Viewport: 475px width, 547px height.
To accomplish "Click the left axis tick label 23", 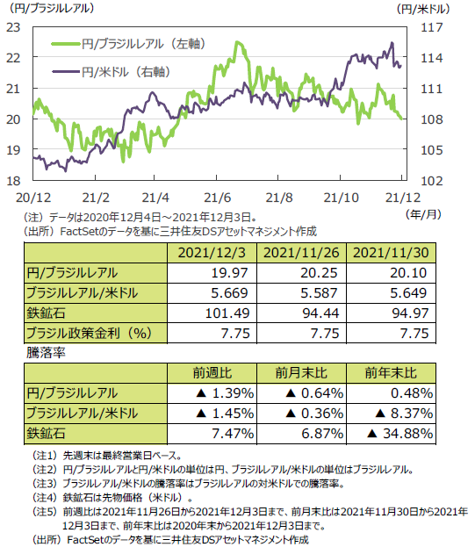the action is coord(13,27).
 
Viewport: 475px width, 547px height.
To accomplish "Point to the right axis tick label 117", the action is coord(432,27).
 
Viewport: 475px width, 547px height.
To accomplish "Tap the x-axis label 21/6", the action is coord(217,198).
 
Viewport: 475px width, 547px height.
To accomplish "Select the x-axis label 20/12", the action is coord(33,198).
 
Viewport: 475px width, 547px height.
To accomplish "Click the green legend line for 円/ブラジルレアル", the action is coord(66,44).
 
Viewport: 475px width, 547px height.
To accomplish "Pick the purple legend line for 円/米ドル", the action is coord(66,72).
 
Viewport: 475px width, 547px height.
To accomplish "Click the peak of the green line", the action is coord(238,42).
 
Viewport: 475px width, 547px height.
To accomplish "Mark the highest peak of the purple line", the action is coord(392,43).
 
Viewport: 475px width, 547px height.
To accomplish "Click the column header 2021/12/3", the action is coord(212,253).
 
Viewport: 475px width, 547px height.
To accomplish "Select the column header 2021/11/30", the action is coord(391,253).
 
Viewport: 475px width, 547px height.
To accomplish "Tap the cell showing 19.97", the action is coord(229,273).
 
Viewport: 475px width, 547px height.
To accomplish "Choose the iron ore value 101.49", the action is coord(227,313).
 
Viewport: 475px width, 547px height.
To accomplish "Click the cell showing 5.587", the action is coord(319,293).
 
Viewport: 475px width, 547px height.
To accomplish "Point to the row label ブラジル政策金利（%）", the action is coord(90,333).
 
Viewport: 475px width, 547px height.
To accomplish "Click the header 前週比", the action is coord(212,373).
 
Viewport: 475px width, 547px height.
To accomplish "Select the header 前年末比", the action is coord(391,373).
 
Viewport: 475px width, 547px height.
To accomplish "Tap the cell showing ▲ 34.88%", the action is coord(399,434).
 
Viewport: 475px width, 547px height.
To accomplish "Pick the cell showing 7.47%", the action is coord(233,434).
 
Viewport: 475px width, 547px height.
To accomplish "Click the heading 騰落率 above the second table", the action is coord(46,353).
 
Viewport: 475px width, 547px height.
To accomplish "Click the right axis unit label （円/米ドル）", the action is coord(423,9).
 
